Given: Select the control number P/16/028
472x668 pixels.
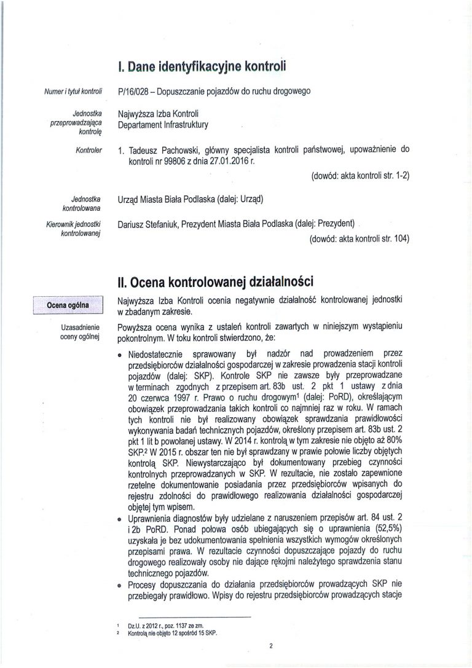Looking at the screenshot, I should [133, 92].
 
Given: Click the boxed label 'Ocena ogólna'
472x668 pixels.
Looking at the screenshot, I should [68, 304].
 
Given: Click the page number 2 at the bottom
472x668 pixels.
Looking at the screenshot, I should [270, 646].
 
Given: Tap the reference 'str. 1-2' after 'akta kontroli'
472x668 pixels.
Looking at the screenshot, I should [393, 177].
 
